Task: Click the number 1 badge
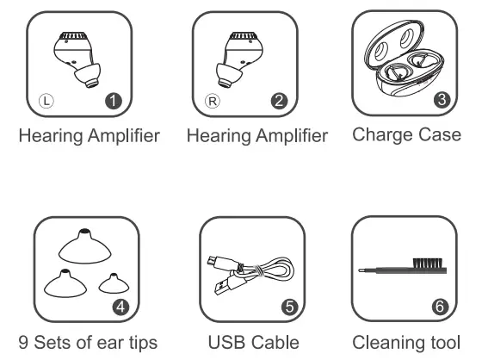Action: click(113, 102)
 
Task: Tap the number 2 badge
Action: click(277, 102)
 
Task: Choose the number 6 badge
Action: click(439, 306)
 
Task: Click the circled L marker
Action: click(48, 102)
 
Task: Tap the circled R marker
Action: click(213, 102)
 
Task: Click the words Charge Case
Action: click(406, 135)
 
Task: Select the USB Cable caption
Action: click(254, 342)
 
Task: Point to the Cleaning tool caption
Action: click(406, 342)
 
